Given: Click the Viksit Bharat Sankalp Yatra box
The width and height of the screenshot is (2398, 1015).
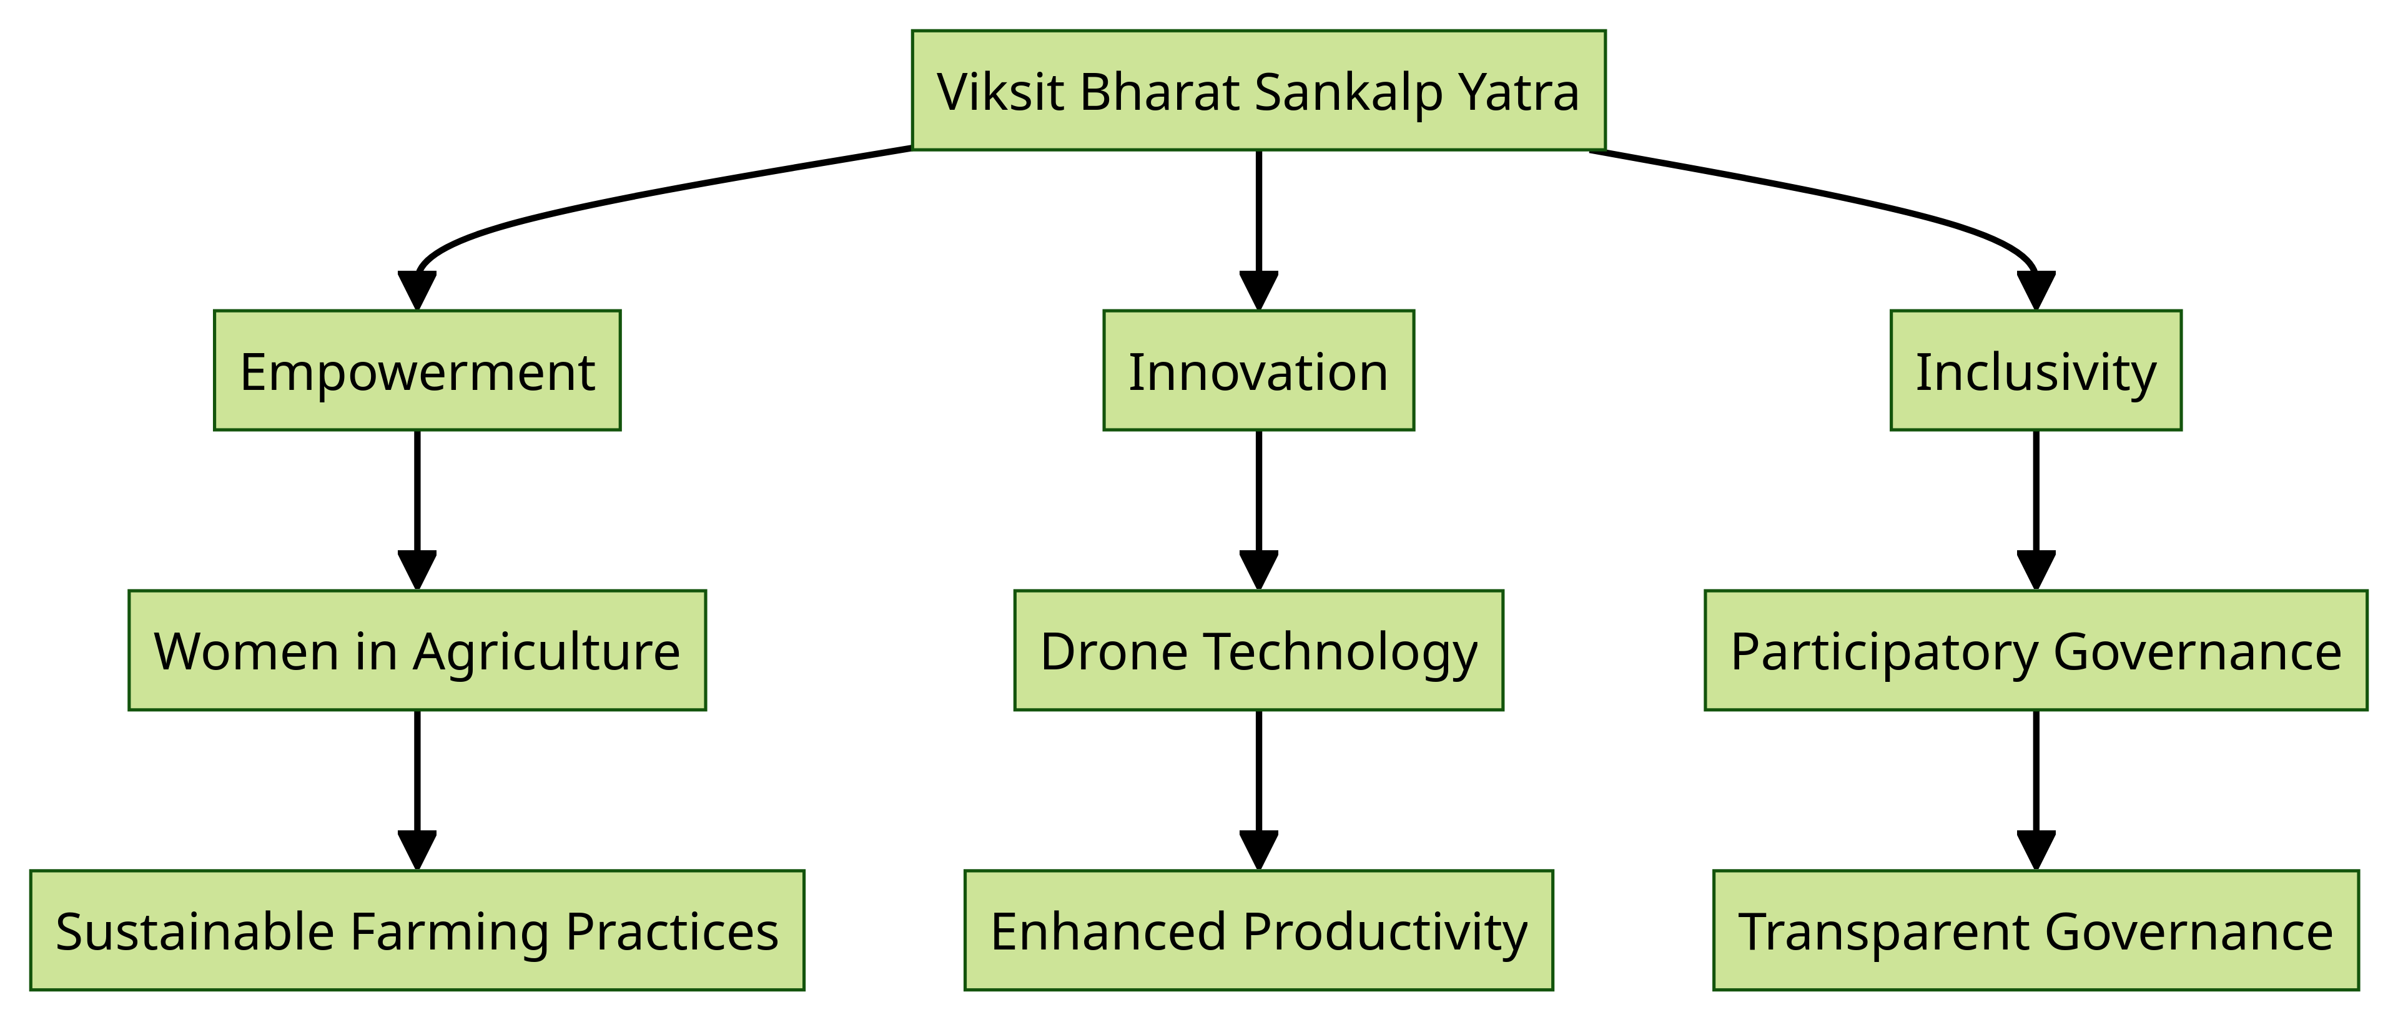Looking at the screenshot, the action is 1258,90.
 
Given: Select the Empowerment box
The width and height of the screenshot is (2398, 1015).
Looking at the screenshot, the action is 417,371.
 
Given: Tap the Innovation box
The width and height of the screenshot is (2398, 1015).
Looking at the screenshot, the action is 1258,371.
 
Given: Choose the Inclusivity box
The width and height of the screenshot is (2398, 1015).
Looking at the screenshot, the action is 2036,371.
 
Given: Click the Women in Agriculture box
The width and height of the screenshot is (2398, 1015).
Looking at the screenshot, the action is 417,650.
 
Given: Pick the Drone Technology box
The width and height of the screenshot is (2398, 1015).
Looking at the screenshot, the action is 1258,650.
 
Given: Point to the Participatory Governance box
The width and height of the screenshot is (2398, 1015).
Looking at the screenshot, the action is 2036,650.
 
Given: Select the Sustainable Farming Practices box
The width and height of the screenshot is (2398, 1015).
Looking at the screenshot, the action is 417,930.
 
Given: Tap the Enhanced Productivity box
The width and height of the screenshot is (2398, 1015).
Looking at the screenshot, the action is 1258,930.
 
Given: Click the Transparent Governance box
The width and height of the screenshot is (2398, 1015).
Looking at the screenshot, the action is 2036,930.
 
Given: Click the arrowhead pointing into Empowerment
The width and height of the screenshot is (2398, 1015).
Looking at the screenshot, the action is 417,291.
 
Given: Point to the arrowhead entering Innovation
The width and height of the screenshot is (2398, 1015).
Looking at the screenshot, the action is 1258,291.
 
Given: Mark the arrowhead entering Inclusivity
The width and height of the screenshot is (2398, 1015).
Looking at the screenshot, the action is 2036,291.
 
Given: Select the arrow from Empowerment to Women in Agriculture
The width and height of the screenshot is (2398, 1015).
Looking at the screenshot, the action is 417,510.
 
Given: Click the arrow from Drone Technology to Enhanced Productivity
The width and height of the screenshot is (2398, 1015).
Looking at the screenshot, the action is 1258,790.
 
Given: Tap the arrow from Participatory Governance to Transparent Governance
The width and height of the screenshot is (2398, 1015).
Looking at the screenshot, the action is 2036,790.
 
